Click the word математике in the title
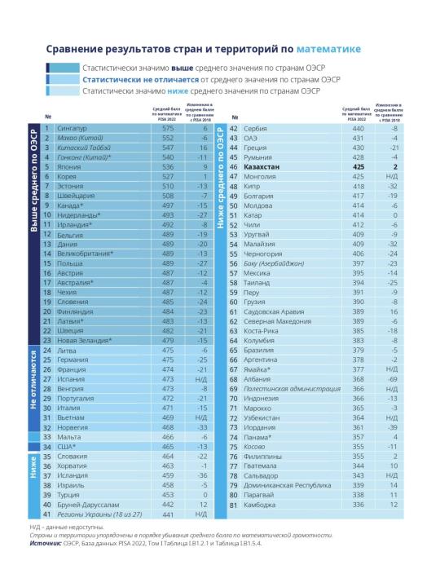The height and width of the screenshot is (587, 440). point(328,49)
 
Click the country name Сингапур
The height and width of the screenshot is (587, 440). point(72,129)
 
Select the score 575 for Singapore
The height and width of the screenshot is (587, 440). point(168,129)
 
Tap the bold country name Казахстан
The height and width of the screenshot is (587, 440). point(262,167)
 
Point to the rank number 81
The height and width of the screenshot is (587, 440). point(234,505)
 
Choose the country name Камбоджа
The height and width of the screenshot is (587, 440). point(259,505)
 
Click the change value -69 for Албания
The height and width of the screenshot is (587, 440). point(393,379)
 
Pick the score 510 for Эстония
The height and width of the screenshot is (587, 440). point(168,186)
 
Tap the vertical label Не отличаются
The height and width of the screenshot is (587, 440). point(33,380)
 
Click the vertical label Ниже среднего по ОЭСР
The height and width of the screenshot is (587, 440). point(220,179)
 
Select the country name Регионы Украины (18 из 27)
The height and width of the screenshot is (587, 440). point(99,514)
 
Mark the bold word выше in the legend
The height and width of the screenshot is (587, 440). point(183,68)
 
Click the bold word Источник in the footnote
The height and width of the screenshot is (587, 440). point(46,543)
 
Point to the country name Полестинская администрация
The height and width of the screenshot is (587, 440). point(292,389)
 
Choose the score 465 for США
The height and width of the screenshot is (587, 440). point(168,447)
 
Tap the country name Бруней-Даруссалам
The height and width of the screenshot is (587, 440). point(88,505)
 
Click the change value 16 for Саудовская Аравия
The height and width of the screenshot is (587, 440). point(394,311)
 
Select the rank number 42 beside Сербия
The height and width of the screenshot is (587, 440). point(234,129)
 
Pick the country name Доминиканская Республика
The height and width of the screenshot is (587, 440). point(288,485)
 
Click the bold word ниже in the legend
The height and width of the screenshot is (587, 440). point(178,91)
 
